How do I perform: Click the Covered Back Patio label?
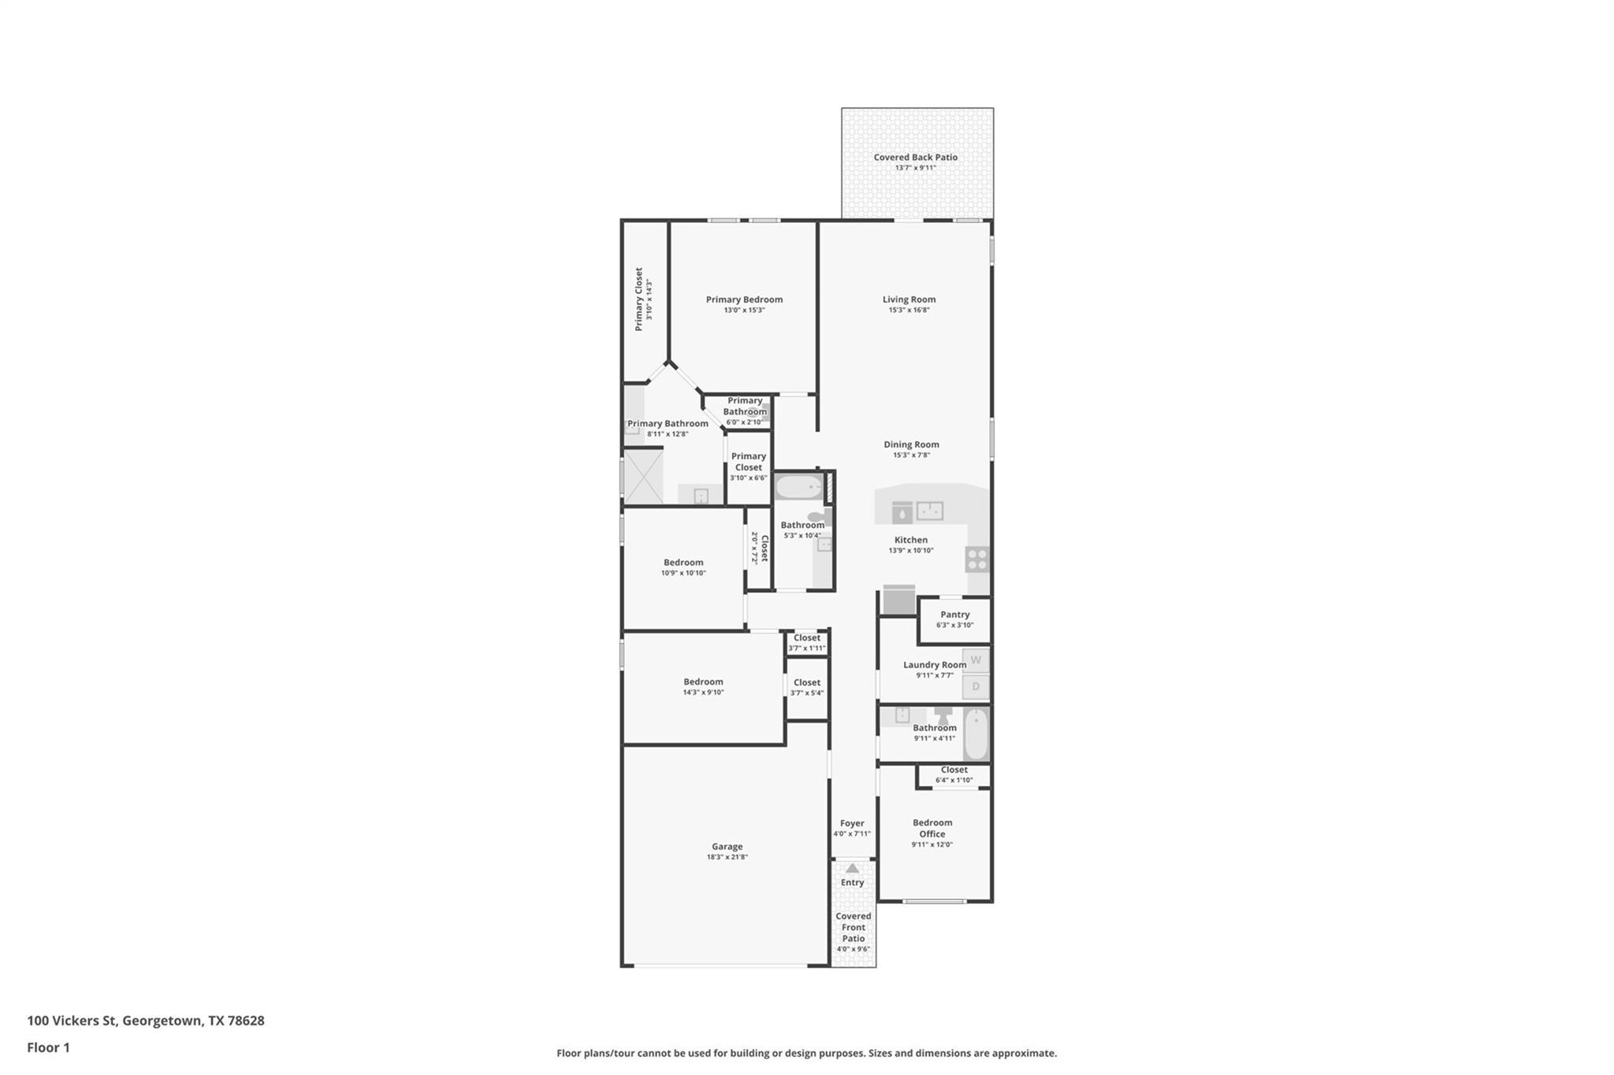[915, 158]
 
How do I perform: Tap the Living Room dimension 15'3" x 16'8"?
[909, 311]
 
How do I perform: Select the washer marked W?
[976, 660]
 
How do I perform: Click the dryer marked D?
[976, 686]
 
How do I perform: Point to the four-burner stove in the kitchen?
[977, 560]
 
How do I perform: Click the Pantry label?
[954, 615]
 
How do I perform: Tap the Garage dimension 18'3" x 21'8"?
[727, 857]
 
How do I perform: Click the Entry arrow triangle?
[852, 868]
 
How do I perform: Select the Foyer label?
[852, 824]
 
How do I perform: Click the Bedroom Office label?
[932, 828]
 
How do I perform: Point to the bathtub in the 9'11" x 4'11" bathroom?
[976, 733]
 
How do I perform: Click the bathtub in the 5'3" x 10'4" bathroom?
[799, 487]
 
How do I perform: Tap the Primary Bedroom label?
[744, 299]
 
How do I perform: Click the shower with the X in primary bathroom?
[643, 476]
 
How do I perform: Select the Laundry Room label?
[934, 665]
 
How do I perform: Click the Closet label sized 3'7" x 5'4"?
[806, 683]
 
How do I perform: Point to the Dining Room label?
[911, 445]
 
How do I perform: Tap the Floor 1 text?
[48, 1047]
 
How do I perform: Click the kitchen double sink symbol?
[930, 511]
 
